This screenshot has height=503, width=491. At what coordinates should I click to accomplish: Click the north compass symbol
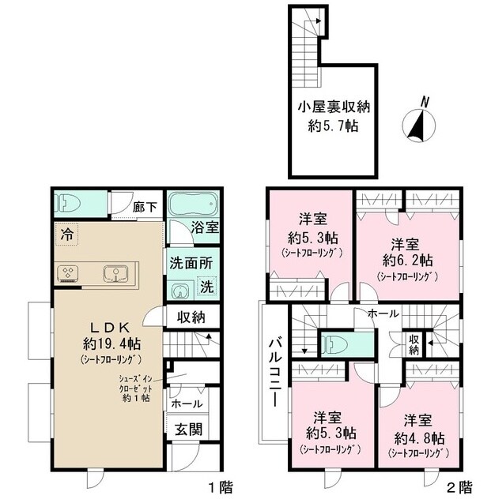(x=419, y=125)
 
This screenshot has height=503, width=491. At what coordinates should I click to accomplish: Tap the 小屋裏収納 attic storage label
(x=334, y=107)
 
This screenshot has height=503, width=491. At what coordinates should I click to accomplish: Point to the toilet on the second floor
(x=334, y=345)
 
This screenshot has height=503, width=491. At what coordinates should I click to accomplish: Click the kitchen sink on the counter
(x=115, y=274)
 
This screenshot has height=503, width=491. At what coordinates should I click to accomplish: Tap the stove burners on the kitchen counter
(x=68, y=274)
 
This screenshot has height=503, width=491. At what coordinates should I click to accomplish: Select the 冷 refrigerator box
(x=66, y=235)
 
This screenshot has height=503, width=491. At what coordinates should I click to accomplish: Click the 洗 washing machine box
(x=207, y=286)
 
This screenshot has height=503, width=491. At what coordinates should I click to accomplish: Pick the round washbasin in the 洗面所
(x=179, y=291)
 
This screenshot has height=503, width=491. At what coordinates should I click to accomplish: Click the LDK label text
(x=110, y=328)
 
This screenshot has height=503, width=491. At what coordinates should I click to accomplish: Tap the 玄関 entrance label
(x=189, y=430)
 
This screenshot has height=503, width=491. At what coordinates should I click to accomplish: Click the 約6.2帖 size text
(x=407, y=260)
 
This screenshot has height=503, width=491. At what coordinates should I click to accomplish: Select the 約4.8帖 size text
(x=419, y=438)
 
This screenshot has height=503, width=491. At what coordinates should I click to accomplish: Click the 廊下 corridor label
(x=145, y=207)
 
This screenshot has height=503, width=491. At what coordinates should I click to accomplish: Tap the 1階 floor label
(x=221, y=488)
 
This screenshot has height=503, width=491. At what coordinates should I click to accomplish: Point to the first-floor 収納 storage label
(x=191, y=317)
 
